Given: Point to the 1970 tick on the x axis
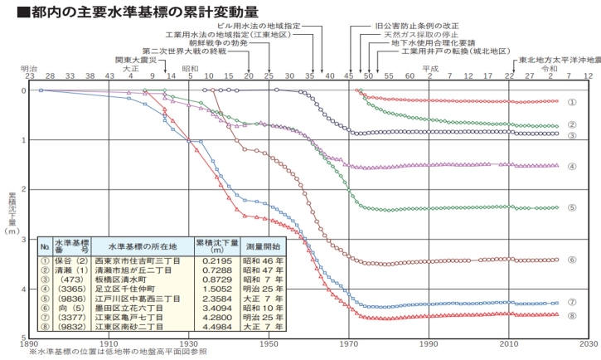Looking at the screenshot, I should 349,342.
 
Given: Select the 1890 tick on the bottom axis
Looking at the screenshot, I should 30,342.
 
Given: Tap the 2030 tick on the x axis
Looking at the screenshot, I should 587,342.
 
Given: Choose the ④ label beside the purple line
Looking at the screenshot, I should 572,166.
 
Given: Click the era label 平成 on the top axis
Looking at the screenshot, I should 429,68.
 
